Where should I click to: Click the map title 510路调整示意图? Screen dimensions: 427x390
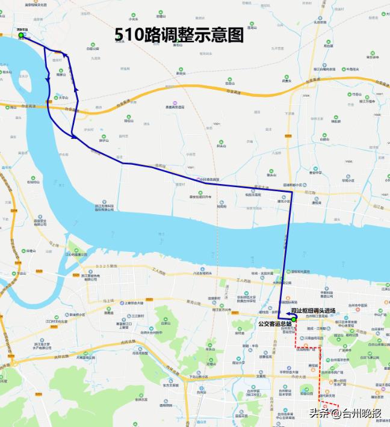click(179, 35)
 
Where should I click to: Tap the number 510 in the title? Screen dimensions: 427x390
click(129, 35)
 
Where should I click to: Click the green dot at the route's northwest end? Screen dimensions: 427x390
click(21, 35)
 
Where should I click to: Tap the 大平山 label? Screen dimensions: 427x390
click(63, 97)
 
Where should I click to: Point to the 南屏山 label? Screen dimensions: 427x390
click(60, 75)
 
